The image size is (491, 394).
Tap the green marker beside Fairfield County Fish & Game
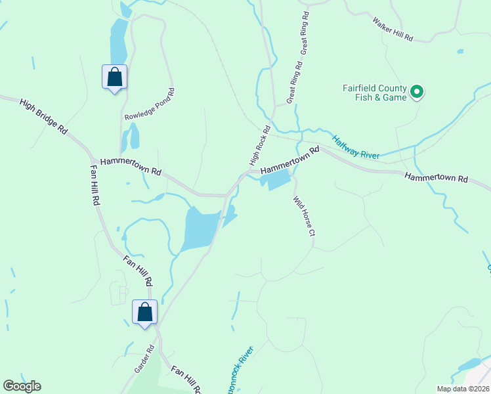point(417,93)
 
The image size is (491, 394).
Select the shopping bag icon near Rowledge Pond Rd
point(115,77)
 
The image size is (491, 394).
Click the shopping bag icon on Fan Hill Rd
point(145,311)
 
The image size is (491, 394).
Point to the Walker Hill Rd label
point(393,30)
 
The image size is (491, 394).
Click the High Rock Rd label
point(260,145)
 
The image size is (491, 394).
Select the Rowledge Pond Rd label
point(150,104)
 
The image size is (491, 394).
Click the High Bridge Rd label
point(44,117)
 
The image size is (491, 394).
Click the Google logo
point(22,386)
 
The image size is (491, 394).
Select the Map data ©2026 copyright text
point(463,389)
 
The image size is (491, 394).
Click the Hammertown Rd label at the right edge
point(436,178)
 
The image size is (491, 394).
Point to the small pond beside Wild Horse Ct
point(278,179)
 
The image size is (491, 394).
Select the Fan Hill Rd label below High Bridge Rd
point(95,185)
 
